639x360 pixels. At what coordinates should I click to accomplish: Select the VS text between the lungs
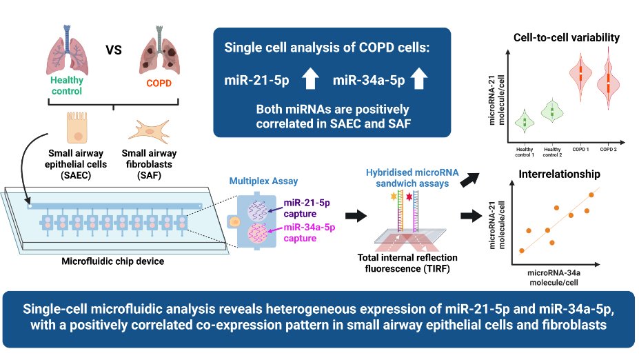(x=112, y=50)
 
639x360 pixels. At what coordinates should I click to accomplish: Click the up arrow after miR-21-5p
(x=310, y=81)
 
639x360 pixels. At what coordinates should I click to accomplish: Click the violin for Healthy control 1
(x=524, y=121)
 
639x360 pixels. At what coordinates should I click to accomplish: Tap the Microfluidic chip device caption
(x=104, y=261)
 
